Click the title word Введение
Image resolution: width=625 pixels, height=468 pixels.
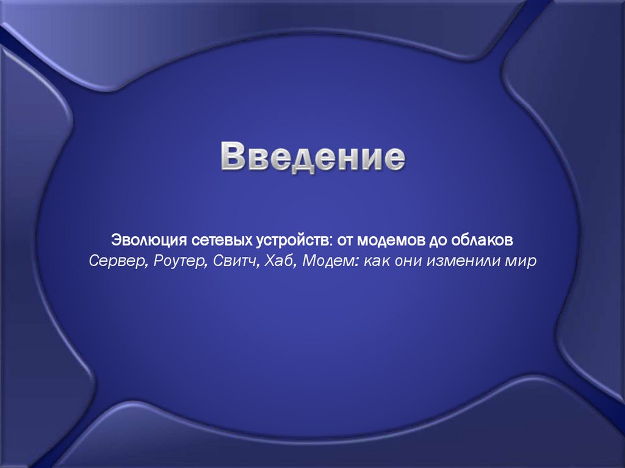(312, 157)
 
